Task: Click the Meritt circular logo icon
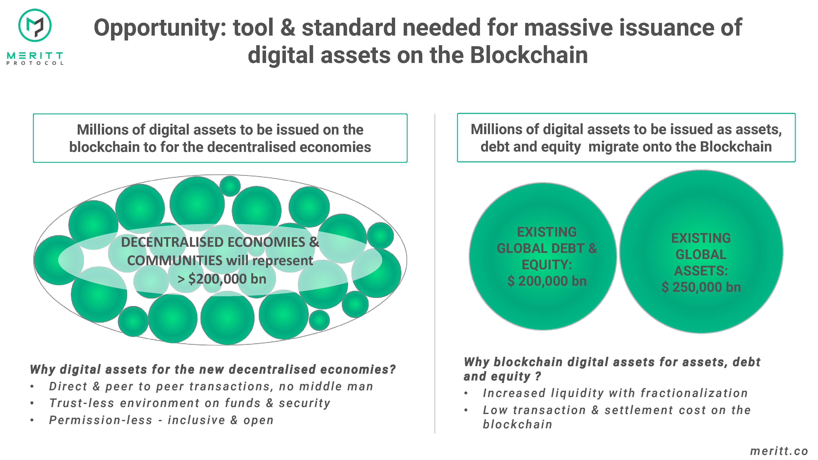point(35,25)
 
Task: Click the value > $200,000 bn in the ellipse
point(222,279)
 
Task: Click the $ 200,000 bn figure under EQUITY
point(547,281)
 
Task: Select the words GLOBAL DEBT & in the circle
point(547,248)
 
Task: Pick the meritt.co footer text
point(779,451)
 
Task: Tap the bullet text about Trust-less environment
point(190,403)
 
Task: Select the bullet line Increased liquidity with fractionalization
point(615,393)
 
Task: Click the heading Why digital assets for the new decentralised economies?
point(213,369)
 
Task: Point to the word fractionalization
point(694,393)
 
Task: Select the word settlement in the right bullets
point(639,410)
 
